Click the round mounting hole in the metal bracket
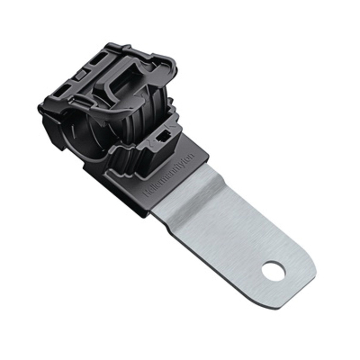pos(273,271)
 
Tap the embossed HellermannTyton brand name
pos(169,175)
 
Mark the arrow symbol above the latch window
pos(172,127)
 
